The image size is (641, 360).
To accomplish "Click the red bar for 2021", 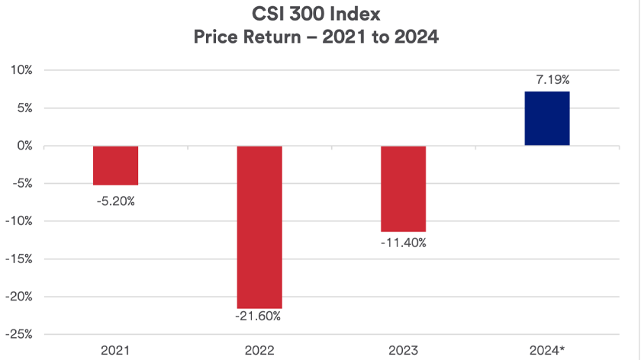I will click(116, 166).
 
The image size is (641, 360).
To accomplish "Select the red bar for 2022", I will click(259, 227).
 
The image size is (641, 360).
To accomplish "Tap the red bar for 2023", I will click(404, 188).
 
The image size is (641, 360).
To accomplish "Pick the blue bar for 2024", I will click(547, 118).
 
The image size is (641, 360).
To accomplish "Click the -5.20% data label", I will click(116, 202).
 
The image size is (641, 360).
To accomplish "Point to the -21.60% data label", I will click(259, 316).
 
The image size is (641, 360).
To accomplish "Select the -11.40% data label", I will click(404, 243).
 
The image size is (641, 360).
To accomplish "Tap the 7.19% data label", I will click(547, 79).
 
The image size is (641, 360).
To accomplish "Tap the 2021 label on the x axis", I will click(116, 350).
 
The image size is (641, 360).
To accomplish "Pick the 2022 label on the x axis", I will click(259, 350).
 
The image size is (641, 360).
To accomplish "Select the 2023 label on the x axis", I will click(404, 350).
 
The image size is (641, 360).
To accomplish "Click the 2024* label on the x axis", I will click(548, 350).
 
